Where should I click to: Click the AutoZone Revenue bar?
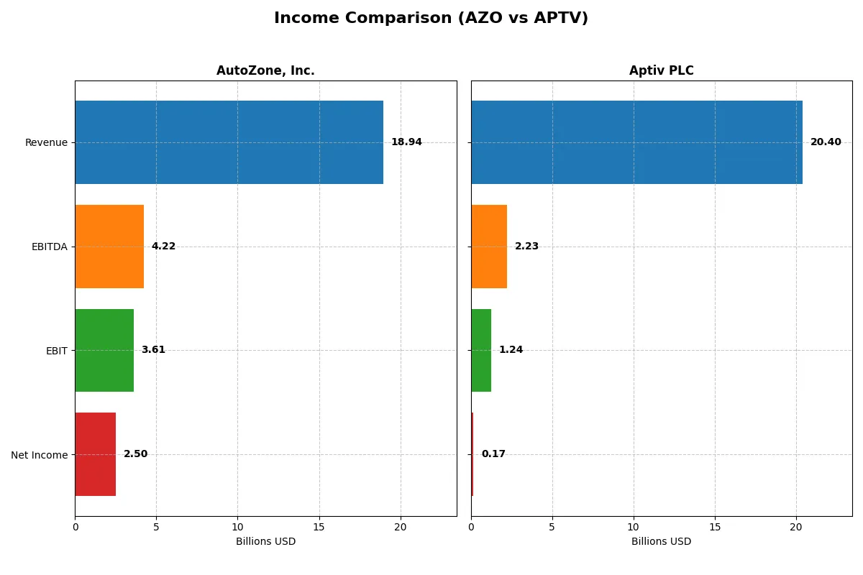click(x=229, y=142)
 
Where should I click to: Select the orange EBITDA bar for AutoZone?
click(x=109, y=247)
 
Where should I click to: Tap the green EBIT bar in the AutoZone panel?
click(x=104, y=350)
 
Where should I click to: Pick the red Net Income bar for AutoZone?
click(x=95, y=454)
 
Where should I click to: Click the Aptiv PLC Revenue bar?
click(x=636, y=142)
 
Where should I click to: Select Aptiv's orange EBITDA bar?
click(x=489, y=247)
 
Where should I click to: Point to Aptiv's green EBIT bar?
click(x=481, y=350)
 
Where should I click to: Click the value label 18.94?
click(x=406, y=142)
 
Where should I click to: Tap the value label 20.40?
click(x=826, y=142)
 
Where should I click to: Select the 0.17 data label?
click(x=493, y=454)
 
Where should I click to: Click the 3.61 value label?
click(x=153, y=350)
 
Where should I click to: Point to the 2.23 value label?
click(x=526, y=247)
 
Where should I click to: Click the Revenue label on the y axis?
click(x=46, y=142)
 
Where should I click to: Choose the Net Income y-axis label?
click(x=40, y=455)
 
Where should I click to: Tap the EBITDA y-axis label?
click(x=50, y=247)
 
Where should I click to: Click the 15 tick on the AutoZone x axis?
click(x=319, y=527)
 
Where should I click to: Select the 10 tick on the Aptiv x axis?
click(x=634, y=527)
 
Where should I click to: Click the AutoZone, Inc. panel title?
click(x=265, y=70)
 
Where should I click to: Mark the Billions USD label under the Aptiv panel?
click(x=661, y=542)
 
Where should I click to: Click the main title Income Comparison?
click(x=431, y=18)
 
